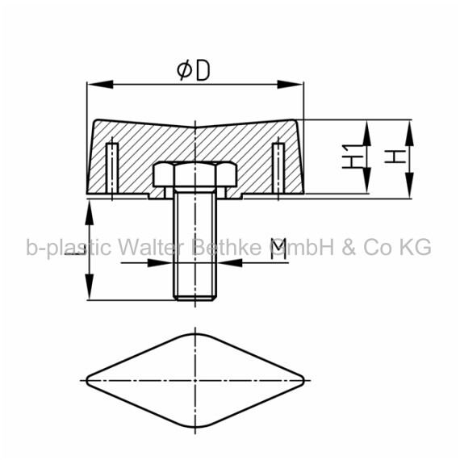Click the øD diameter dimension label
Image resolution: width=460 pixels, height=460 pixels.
[x=194, y=71]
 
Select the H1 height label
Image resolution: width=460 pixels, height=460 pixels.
[x=353, y=156]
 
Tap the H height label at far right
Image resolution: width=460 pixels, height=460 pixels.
[x=395, y=156]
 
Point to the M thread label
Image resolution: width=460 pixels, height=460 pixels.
[x=278, y=249]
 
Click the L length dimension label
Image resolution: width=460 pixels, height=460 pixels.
[x=75, y=249]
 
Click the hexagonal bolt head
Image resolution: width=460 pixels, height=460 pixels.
[x=194, y=174]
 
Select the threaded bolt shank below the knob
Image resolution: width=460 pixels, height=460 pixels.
[x=195, y=244]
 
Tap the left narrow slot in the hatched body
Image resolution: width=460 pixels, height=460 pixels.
[x=112, y=168]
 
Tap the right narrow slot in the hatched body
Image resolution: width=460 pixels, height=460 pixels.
[x=278, y=168]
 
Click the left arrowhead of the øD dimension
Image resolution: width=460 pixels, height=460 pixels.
[x=100, y=85]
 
